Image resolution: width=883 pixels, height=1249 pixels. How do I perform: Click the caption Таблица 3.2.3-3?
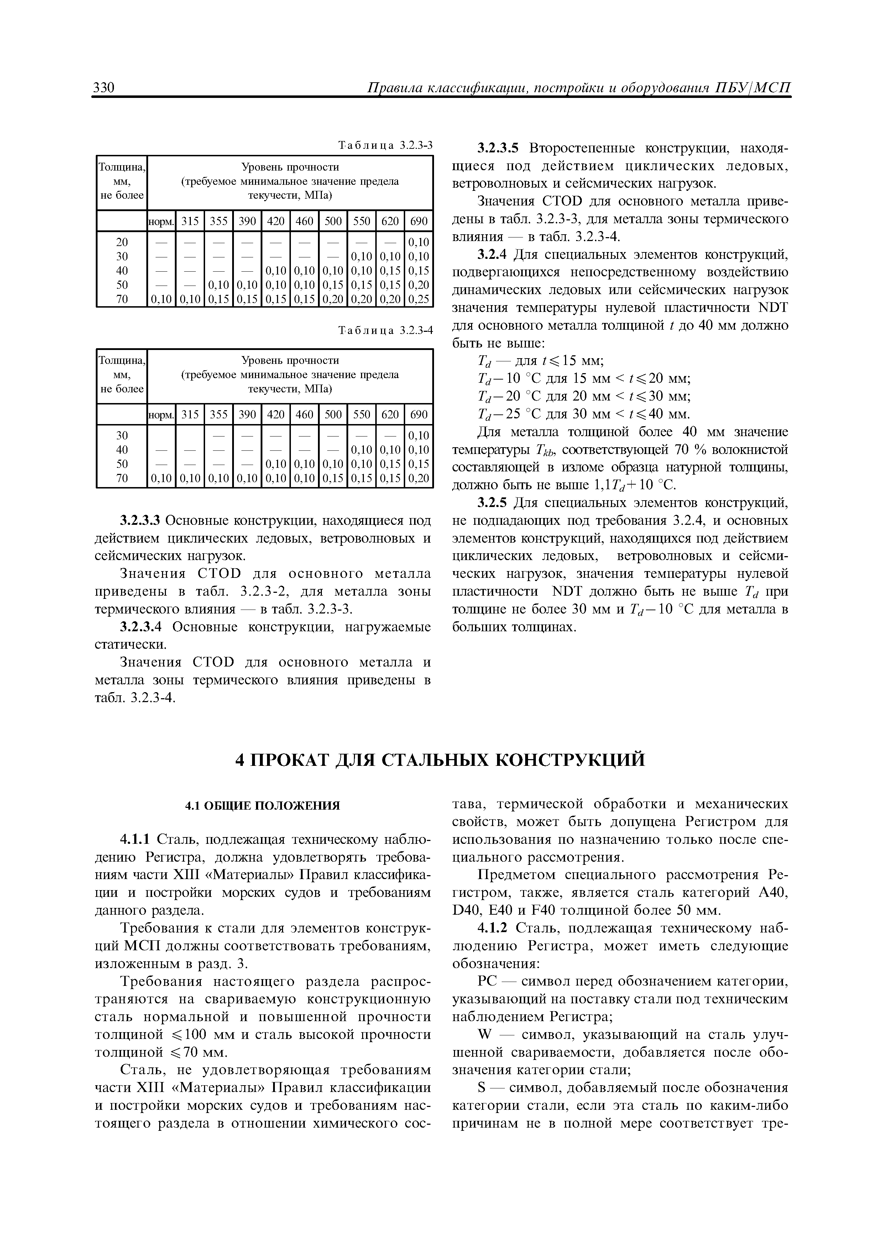pyautogui.click(x=385, y=145)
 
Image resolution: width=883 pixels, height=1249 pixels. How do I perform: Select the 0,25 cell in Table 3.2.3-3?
pyautogui.click(x=418, y=299)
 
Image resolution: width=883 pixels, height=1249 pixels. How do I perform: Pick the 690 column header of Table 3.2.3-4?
pyautogui.click(x=418, y=414)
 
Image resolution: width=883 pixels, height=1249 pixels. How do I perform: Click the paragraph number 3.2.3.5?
pyautogui.click(x=499, y=148)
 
